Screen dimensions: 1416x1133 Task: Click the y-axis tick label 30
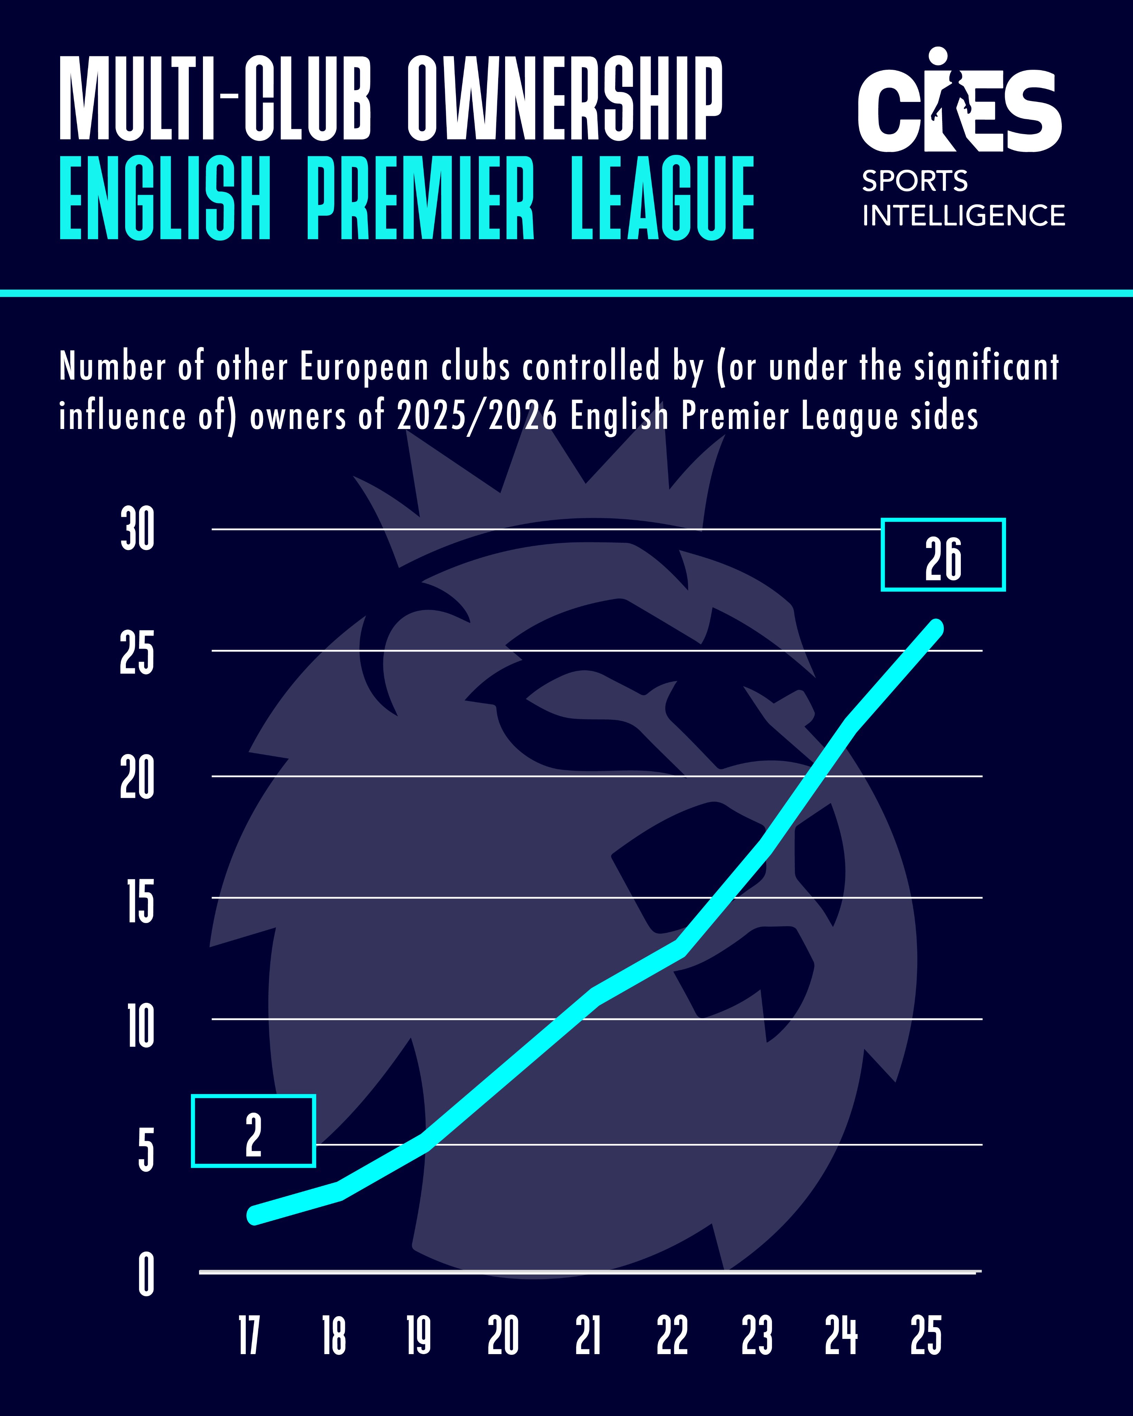click(x=137, y=529)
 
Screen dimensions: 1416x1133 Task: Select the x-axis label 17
click(x=249, y=1335)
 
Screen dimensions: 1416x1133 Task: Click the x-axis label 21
click(x=588, y=1335)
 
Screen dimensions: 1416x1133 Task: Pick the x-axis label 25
click(x=926, y=1335)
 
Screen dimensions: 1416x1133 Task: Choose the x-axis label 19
click(x=418, y=1335)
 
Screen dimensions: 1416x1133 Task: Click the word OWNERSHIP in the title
click(x=565, y=99)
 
